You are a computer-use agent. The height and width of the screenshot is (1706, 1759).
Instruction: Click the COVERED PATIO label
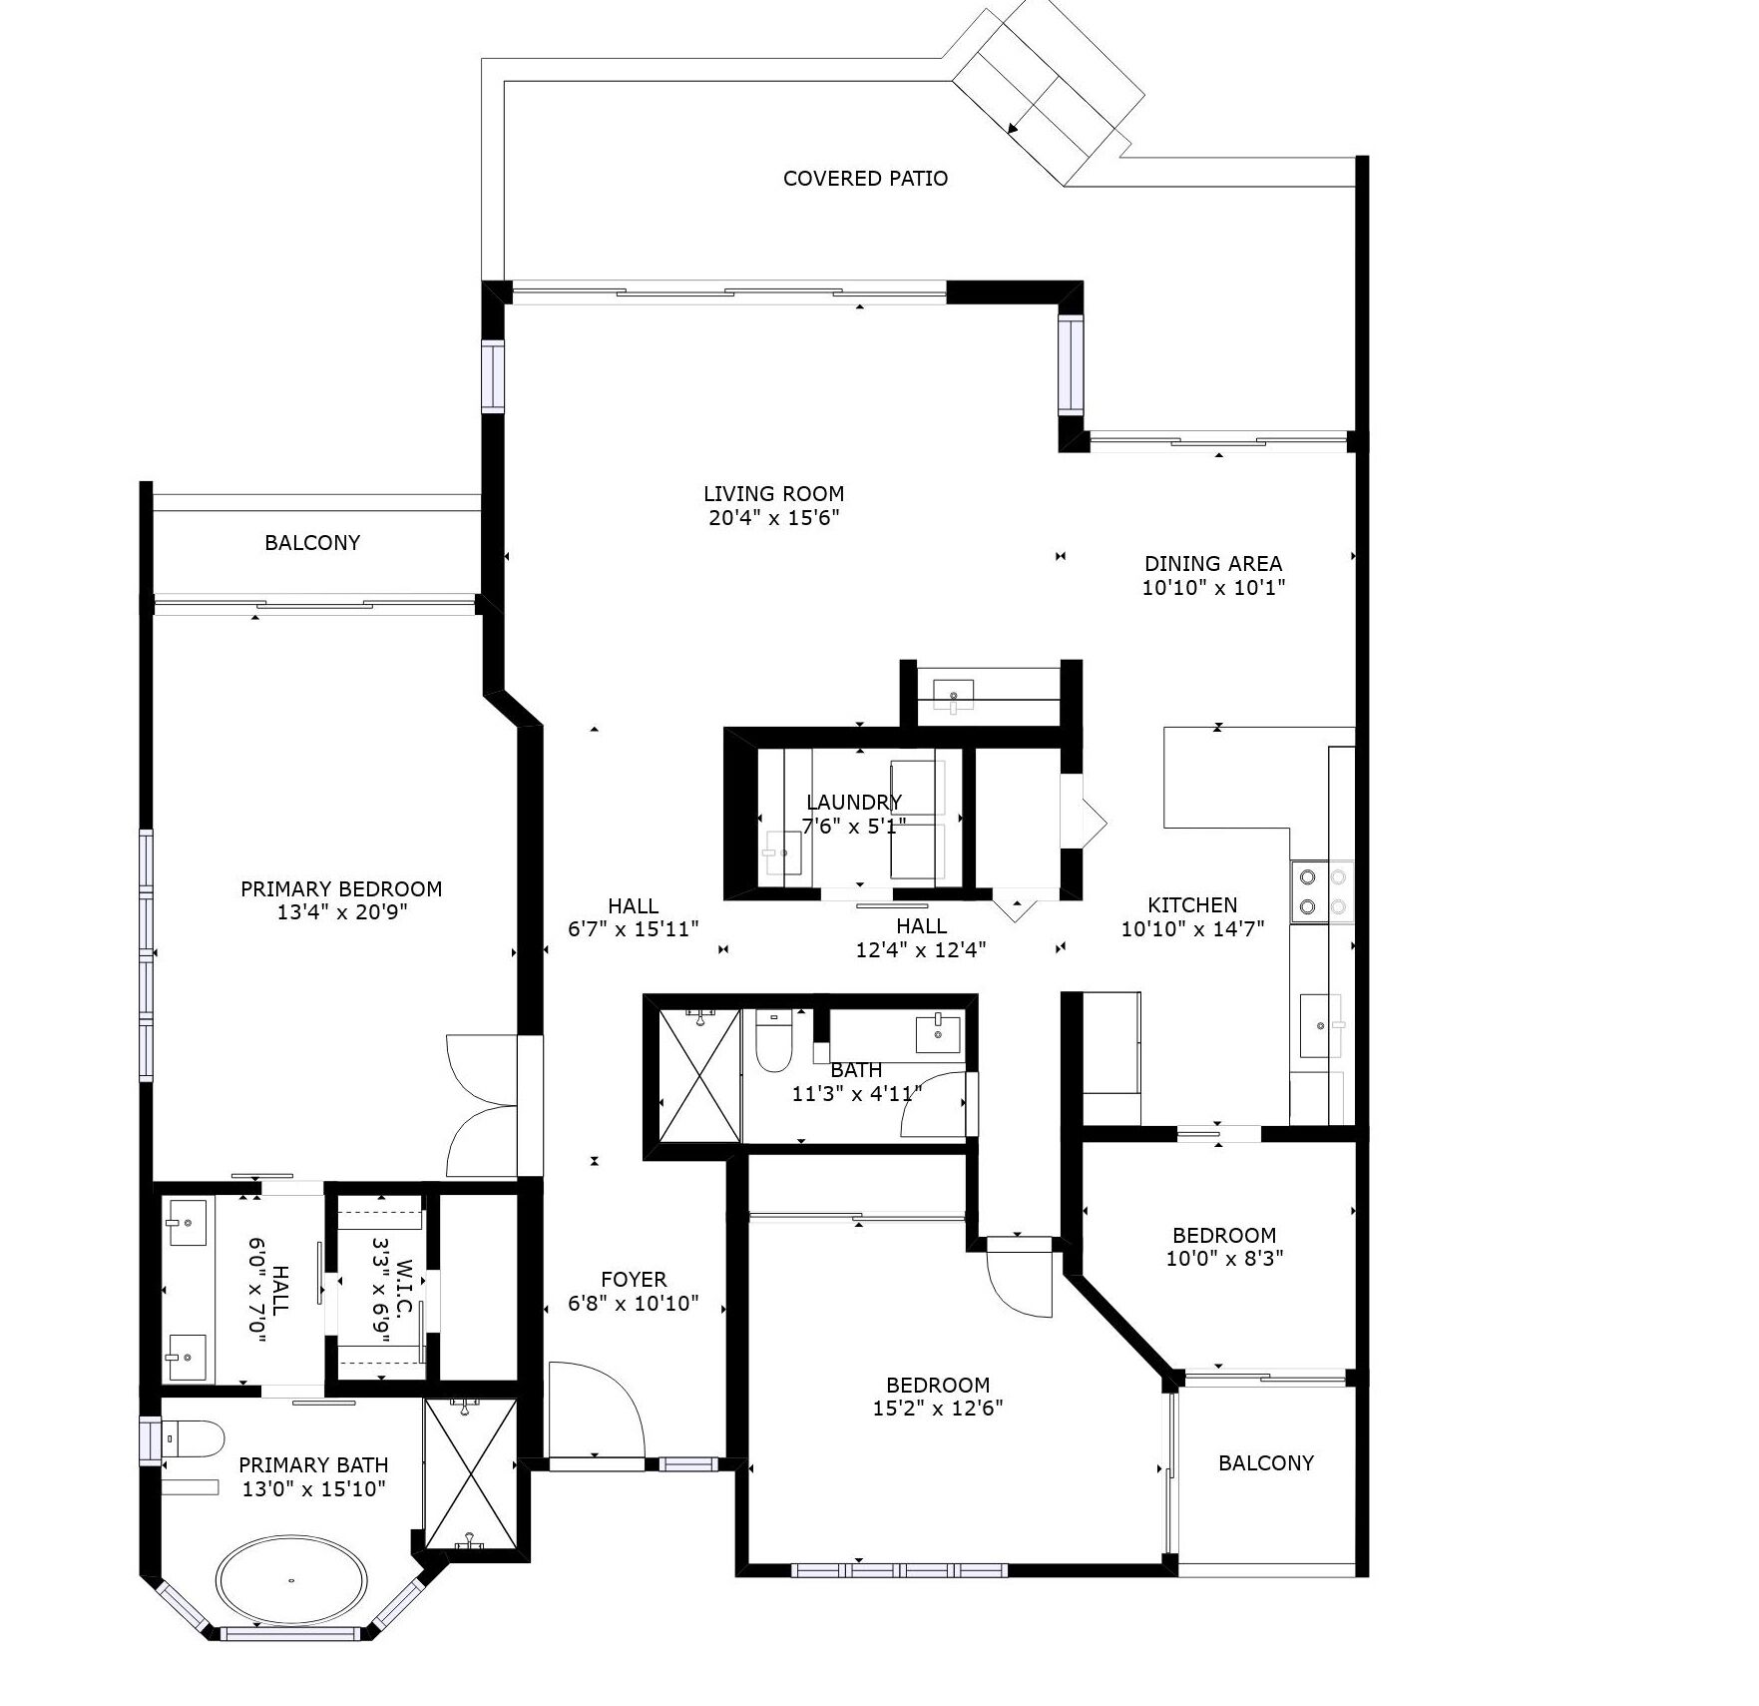pos(865,179)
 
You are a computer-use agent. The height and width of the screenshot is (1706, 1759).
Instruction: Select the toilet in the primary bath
pos(194,1438)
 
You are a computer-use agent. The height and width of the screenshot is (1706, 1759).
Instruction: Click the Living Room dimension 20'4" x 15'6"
pos(773,518)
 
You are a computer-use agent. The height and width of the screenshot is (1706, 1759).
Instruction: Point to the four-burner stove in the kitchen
pos(1322,892)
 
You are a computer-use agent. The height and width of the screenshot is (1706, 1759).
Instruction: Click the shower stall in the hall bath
pos(699,1075)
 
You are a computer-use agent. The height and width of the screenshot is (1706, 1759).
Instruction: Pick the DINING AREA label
pos(1212,564)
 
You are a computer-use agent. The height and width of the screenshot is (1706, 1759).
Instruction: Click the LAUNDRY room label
pos(853,803)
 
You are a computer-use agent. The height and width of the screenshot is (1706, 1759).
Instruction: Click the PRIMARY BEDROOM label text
pos(341,889)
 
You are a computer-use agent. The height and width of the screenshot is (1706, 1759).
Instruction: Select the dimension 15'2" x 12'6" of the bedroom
pos(938,1409)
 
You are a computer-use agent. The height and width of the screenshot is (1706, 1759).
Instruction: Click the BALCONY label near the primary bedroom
pos(312,543)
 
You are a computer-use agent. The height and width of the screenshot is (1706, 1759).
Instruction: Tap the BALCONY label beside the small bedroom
pos(1265,1463)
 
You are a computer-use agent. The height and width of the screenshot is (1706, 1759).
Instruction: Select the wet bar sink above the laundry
pos(956,695)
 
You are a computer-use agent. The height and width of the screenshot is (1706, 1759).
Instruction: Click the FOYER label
pos(634,1280)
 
